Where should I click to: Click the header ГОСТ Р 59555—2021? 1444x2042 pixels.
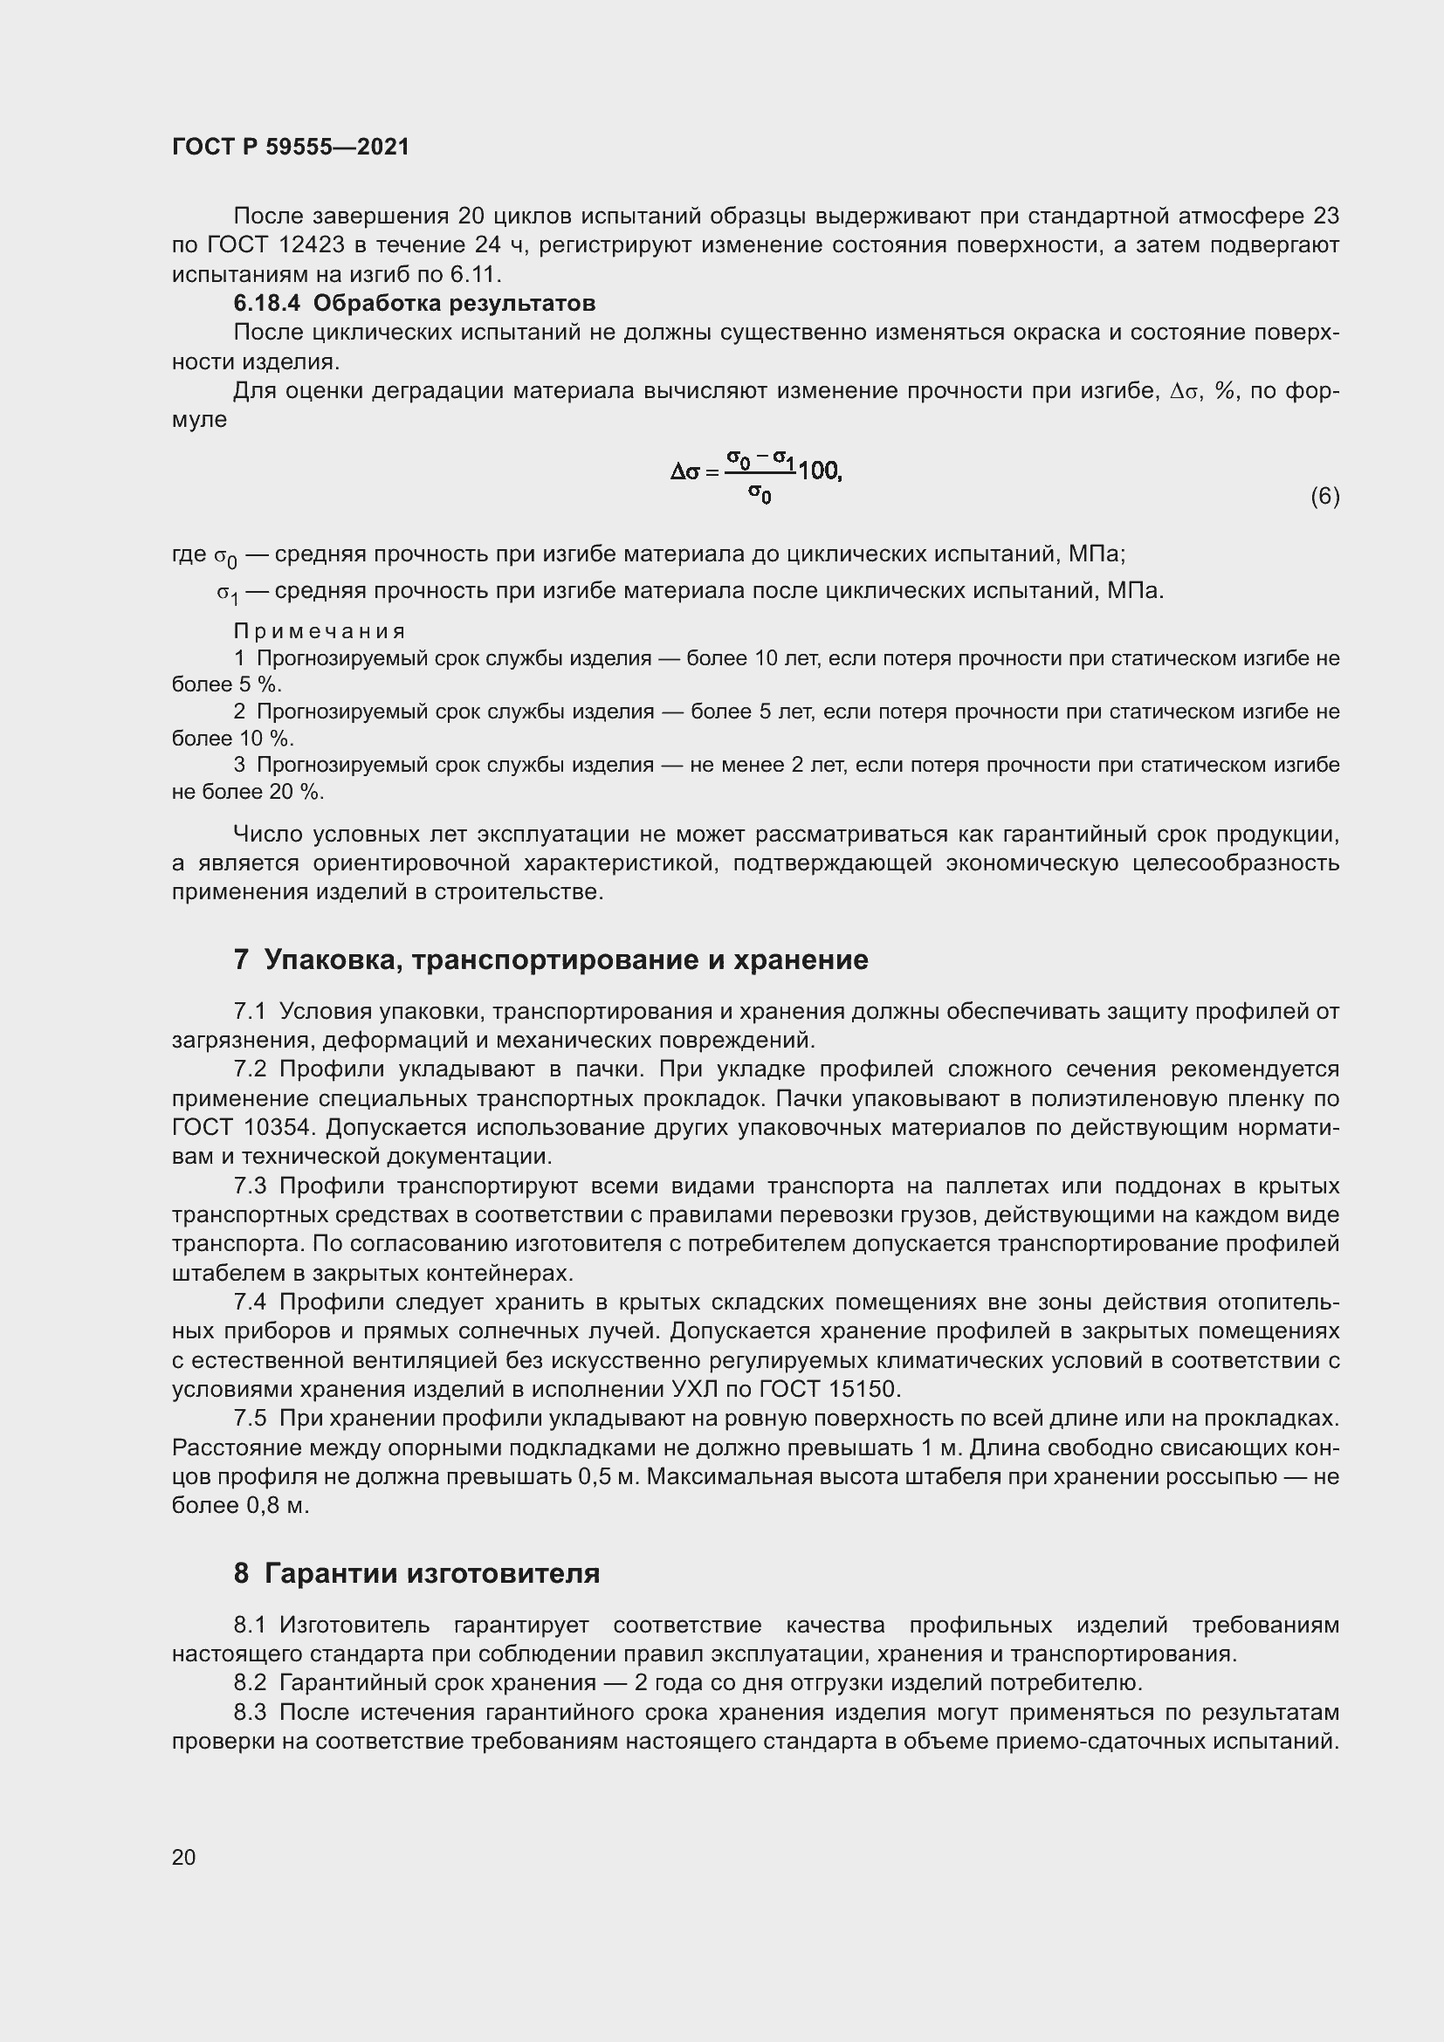pyautogui.click(x=291, y=147)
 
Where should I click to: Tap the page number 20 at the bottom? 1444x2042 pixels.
pyautogui.click(x=184, y=1857)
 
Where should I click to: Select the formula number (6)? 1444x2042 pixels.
pyautogui.click(x=1324, y=496)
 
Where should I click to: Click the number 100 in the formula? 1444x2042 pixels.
pyautogui.click(x=819, y=471)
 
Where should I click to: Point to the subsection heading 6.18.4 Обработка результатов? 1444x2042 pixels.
pyautogui.click(x=415, y=303)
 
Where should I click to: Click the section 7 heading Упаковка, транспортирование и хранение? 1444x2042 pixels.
pyautogui.click(x=550, y=959)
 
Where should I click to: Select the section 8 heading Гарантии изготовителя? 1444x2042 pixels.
pyautogui.click(x=416, y=1573)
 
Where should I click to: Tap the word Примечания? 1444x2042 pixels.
pyautogui.click(x=320, y=631)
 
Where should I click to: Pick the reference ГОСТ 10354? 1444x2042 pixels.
pyautogui.click(x=244, y=1128)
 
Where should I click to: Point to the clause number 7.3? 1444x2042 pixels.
pyautogui.click(x=250, y=1186)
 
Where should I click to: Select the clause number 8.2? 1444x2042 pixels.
pyautogui.click(x=250, y=1682)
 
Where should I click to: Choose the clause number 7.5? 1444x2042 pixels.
pyautogui.click(x=250, y=1419)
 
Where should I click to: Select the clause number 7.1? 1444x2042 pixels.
pyautogui.click(x=250, y=1011)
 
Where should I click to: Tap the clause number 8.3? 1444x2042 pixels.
pyautogui.click(x=250, y=1712)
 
